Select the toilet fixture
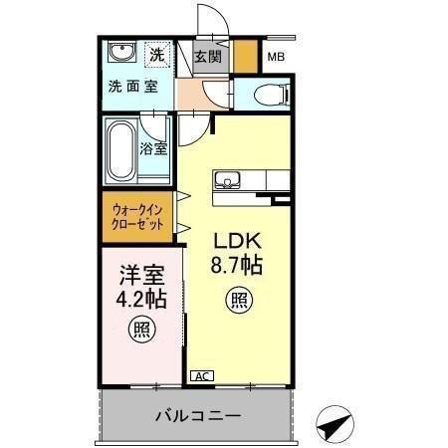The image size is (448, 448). coord(268,95)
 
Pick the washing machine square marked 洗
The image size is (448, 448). coord(157,52)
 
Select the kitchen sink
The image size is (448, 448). coord(225,181)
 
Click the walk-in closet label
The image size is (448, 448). coord(137,217)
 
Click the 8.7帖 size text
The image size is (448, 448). coord(236,265)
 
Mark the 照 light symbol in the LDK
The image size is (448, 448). coord(237,299)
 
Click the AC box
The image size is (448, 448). coord(201,375)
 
